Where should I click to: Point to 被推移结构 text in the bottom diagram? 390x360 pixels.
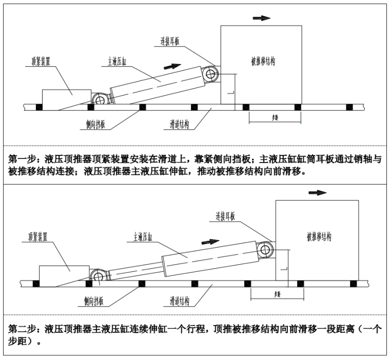319,236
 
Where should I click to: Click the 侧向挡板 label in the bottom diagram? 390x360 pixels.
94,300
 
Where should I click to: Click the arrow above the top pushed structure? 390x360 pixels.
262,17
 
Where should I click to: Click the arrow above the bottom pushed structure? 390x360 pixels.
317,192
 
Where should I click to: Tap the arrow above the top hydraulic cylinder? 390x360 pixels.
175,66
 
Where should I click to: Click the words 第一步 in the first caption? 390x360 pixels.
20,159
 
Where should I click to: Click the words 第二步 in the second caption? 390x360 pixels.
21,329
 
